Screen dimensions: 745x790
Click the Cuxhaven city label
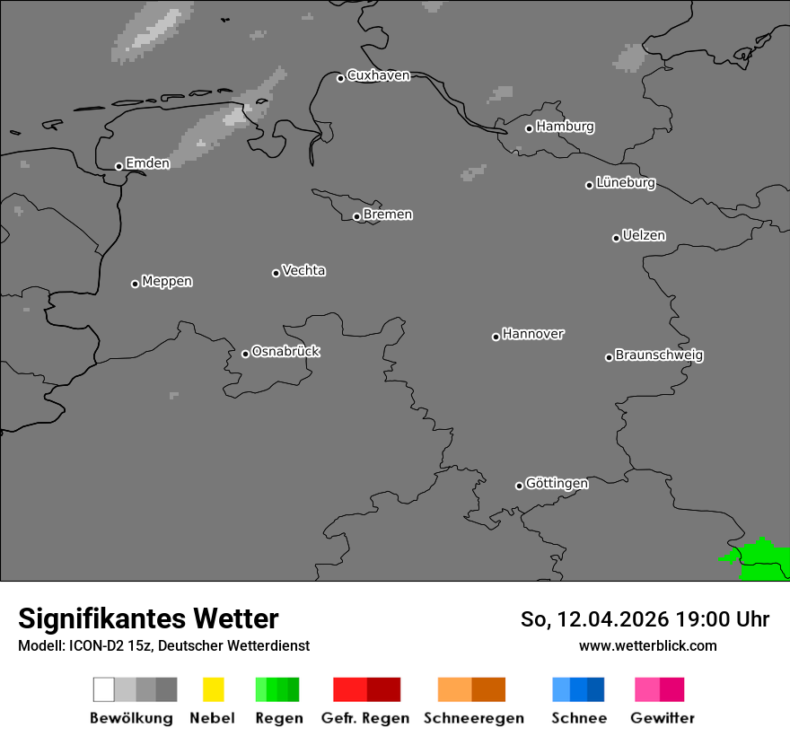378,75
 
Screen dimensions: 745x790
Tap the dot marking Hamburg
529,128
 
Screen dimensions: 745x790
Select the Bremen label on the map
388,215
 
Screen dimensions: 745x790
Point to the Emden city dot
118,166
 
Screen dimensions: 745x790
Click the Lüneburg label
626,182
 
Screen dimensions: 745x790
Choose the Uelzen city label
644,235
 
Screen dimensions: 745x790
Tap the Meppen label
167,281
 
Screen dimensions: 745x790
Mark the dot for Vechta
276,273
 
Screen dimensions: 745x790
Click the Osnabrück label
285,351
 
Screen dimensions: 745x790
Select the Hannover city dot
496,337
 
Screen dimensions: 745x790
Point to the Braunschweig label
659,355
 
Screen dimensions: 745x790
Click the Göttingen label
557,483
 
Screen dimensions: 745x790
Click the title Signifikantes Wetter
148,618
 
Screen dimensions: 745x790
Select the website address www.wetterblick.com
647,645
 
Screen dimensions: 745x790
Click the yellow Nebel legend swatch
213,689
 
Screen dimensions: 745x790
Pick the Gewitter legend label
663,718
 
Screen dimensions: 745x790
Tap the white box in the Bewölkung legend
103,689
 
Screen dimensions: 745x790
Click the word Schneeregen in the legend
473,718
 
